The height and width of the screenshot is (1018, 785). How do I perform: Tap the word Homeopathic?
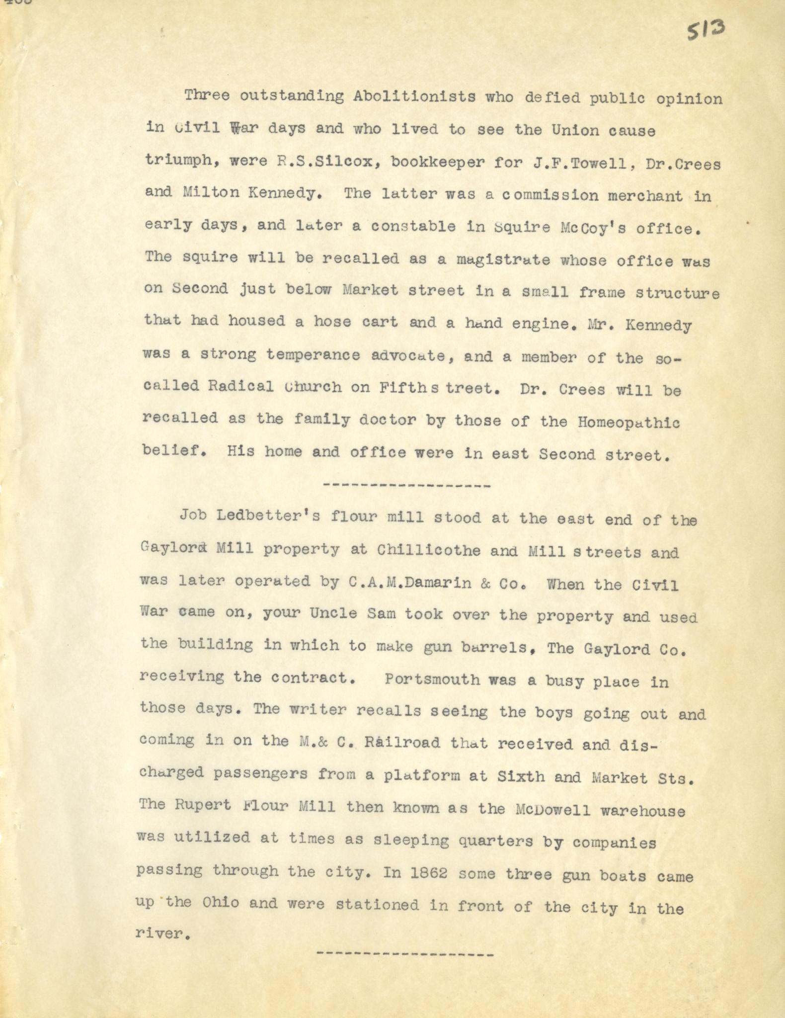pyautogui.click(x=629, y=423)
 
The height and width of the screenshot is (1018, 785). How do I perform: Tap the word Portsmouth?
pyautogui.click(x=432, y=679)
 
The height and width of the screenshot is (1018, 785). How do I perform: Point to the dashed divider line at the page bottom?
pyautogui.click(x=405, y=955)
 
